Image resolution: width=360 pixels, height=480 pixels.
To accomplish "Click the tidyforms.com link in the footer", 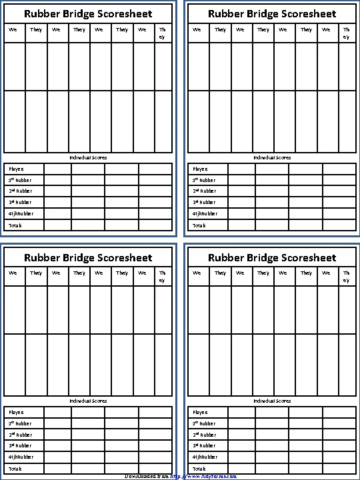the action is coord(203,476).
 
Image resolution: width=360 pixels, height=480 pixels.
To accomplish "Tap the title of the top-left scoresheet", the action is coord(88,13).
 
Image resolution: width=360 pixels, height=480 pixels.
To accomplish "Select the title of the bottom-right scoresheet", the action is coord(272,257).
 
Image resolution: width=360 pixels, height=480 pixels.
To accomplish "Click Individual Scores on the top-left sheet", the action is coord(88,157).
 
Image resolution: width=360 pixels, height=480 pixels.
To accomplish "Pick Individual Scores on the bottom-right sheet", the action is coord(272,401).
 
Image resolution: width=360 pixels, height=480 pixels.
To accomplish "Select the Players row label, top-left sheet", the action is coord(15,169).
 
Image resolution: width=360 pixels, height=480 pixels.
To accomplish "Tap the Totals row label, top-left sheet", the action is coord(15,225).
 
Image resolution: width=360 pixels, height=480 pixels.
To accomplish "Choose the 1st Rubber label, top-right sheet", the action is coord(204,180).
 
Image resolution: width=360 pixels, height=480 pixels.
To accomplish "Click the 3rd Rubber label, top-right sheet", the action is coord(204,202).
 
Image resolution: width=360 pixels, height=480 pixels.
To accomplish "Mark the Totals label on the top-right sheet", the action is coord(199,225).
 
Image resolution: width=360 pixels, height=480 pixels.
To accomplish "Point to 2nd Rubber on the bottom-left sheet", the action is coord(20,434).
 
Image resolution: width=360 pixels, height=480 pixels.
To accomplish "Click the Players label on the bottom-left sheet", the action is coord(15,413).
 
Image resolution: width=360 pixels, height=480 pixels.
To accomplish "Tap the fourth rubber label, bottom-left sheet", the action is coord(21,457).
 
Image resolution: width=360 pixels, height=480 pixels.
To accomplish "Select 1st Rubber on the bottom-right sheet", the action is coord(204,423).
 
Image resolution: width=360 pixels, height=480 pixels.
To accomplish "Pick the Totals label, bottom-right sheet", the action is coord(199,469).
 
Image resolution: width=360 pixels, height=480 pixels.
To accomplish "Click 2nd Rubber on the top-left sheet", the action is coord(20,191).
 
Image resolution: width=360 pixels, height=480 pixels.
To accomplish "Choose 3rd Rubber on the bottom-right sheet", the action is coord(204,445).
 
